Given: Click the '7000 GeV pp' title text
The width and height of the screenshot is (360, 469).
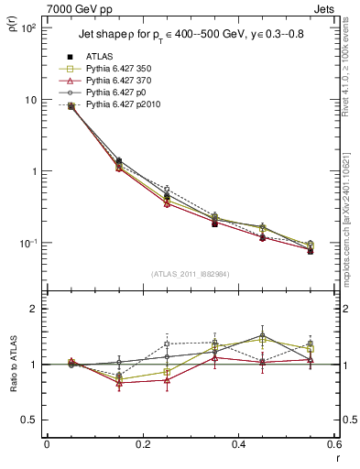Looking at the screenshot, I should click(x=77, y=8).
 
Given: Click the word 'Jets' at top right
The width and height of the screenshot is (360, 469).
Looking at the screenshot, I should click(x=325, y=8).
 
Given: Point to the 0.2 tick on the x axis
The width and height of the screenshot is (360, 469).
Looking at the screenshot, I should click(x=142, y=444).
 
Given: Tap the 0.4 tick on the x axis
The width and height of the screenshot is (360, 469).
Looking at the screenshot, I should click(x=237, y=444).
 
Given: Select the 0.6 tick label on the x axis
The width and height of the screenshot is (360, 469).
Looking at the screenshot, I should click(x=333, y=444).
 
